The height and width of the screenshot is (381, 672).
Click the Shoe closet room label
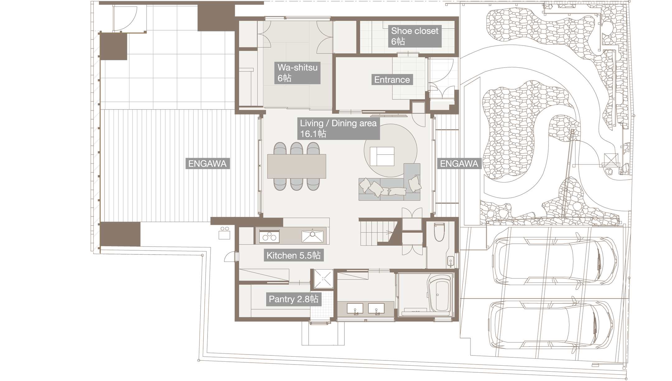click(414, 36)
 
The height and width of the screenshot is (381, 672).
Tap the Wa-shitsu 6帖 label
click(298, 73)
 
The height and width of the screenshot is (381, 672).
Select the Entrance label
click(392, 80)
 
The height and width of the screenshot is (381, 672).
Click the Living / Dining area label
click(338, 128)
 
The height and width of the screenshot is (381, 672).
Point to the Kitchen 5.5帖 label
click(293, 256)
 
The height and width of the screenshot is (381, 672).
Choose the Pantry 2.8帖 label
click(293, 299)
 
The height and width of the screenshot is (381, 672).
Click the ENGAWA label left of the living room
click(207, 164)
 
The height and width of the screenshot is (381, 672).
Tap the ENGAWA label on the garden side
click(459, 164)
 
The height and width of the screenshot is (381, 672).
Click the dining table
click(296, 166)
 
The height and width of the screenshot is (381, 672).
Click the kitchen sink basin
click(312, 236)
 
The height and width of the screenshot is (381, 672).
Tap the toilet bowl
click(439, 232)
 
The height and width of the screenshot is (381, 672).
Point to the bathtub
click(439, 294)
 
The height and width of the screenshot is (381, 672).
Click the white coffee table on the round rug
click(382, 156)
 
